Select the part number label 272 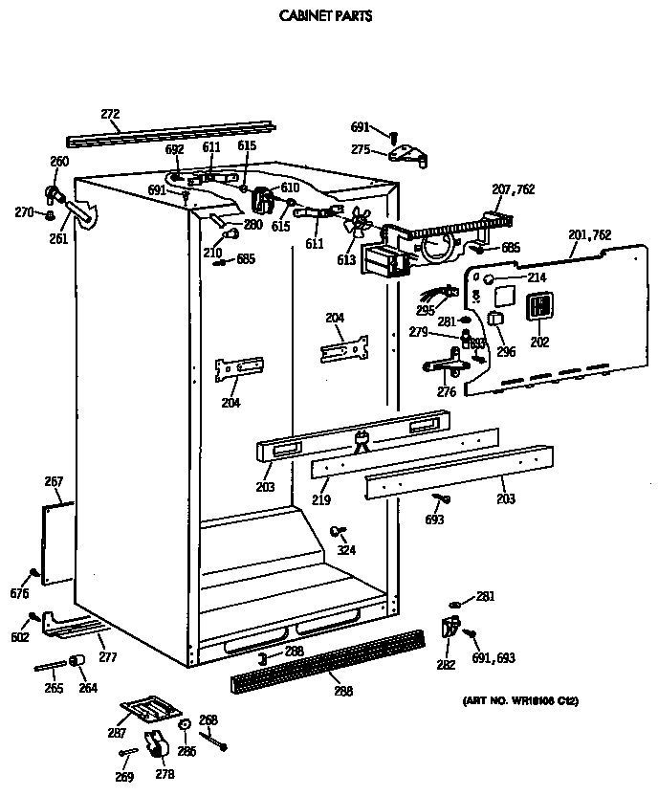(110, 115)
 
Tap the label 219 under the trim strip (321, 499)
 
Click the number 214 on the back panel (537, 277)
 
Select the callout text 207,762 (514, 190)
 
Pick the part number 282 (447, 665)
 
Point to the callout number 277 (107, 658)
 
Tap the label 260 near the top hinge (59, 162)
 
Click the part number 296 (506, 351)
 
